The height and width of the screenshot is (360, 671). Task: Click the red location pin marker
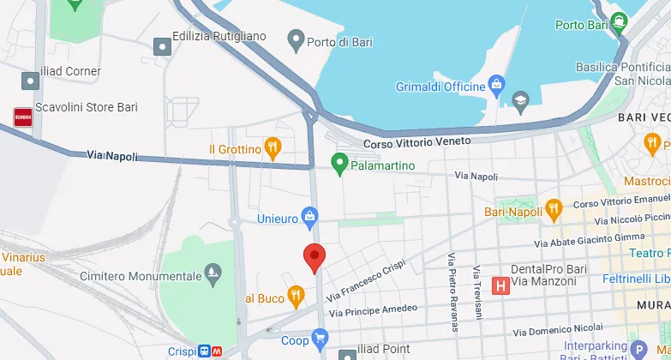[315, 256]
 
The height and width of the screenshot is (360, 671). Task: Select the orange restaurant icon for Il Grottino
[273, 148]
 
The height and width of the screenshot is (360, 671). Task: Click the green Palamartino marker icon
[339, 162]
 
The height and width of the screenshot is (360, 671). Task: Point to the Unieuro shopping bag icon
[309, 218]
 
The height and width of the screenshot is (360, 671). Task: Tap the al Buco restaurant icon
[296, 297]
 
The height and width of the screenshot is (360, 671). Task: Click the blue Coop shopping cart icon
[321, 339]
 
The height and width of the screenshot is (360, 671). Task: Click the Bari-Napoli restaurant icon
[554, 208]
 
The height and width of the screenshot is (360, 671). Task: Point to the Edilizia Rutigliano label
[219, 36]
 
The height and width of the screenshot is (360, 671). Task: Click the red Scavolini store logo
[22, 117]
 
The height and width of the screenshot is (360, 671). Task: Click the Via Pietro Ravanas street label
[452, 292]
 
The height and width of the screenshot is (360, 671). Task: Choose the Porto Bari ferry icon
[620, 23]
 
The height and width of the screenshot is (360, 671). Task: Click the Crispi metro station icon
[212, 351]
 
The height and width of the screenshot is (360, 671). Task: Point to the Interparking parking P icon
[637, 349]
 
